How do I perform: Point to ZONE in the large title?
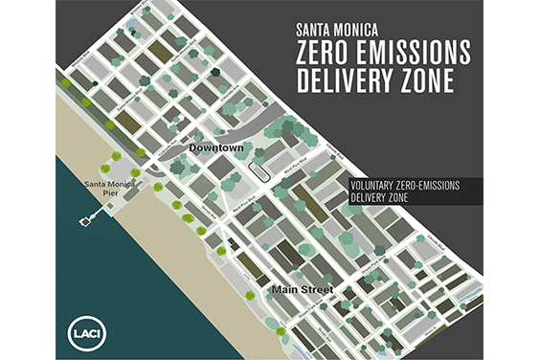[432, 84]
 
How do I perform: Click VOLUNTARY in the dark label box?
[377, 186]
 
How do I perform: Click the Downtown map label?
[216, 150]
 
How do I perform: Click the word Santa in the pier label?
[99, 183]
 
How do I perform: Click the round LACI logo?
[83, 330]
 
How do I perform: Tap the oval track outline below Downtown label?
[258, 169]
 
